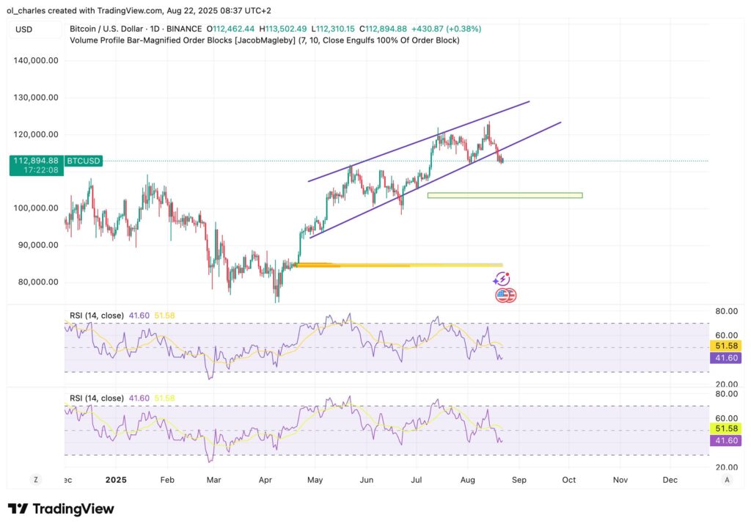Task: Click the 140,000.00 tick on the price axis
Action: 36,61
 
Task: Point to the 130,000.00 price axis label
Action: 36,98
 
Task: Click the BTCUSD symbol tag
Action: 84,161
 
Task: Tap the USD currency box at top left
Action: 24,29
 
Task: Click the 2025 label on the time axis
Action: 117,479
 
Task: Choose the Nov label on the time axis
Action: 620,479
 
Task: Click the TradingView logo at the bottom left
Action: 61,509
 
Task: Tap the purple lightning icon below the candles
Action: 502,279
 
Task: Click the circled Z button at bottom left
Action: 35,479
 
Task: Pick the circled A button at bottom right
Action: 727,479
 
